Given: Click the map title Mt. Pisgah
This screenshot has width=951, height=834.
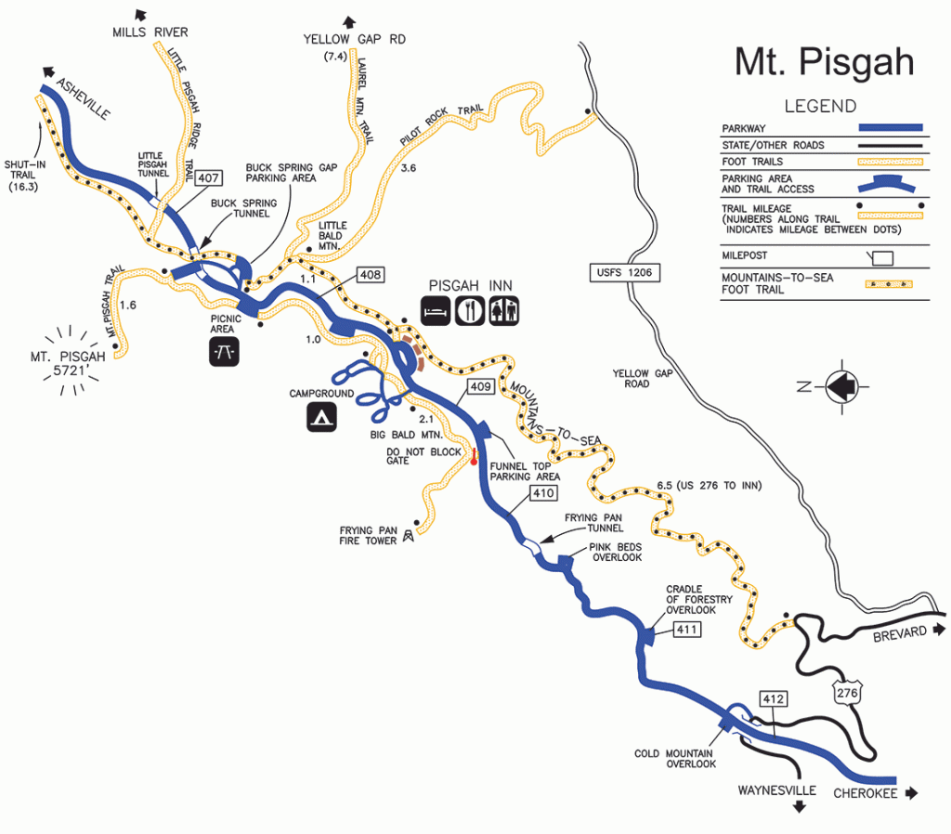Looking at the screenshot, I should pyautogui.click(x=824, y=62).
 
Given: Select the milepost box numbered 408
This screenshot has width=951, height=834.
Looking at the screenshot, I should pyautogui.click(x=369, y=275).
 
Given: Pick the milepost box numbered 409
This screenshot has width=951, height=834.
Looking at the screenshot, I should pyautogui.click(x=480, y=386).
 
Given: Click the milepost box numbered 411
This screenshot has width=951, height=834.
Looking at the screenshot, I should pyautogui.click(x=686, y=631).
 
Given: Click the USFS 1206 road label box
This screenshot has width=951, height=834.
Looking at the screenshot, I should pyautogui.click(x=622, y=272).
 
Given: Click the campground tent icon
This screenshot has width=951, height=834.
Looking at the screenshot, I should pyautogui.click(x=321, y=418).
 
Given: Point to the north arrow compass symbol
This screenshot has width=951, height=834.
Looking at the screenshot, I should pyautogui.click(x=847, y=384).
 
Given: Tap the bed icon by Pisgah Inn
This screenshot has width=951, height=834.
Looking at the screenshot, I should pyautogui.click(x=437, y=309).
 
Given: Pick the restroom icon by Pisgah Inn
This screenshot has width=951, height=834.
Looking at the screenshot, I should pyautogui.click(x=505, y=309).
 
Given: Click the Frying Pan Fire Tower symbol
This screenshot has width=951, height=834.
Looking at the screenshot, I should pyautogui.click(x=406, y=536).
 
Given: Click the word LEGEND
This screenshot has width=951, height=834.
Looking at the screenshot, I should pyautogui.click(x=820, y=106).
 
